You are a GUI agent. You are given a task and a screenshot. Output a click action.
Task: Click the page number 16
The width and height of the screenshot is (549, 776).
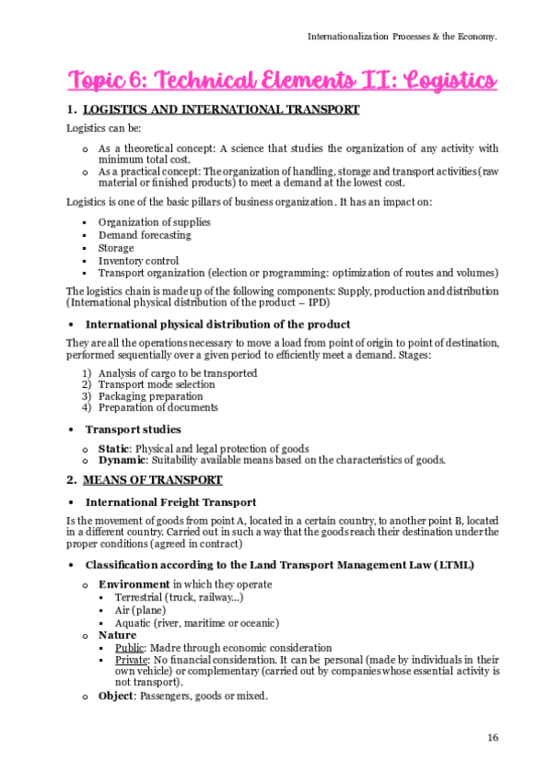pos(492,738)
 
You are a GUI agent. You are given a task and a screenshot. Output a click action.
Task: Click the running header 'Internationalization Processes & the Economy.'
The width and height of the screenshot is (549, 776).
pos(402,37)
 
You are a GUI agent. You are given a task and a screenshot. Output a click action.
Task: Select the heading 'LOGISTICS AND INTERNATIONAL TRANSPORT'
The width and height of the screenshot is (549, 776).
pos(221,111)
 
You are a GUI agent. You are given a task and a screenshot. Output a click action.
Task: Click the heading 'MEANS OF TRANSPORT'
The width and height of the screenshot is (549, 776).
pos(153,480)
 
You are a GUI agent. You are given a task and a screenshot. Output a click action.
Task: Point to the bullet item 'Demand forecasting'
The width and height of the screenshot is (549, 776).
pos(145,235)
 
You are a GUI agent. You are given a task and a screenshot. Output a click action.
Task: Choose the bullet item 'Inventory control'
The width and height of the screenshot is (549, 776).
pos(138,261)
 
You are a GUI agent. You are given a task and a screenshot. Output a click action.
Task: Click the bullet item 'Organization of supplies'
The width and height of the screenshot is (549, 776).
pos(154,222)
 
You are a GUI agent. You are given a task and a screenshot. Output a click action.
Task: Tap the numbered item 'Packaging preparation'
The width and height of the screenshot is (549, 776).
pos(150,396)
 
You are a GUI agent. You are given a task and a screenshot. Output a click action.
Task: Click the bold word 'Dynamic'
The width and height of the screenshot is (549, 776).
pos(121,460)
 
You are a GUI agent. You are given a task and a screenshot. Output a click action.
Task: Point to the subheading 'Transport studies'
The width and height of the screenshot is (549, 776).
pos(133,429)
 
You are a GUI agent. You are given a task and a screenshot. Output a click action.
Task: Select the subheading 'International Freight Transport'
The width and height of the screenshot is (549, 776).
pos(170,501)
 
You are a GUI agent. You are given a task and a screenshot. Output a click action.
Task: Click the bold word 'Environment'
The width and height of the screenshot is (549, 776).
pos(134,584)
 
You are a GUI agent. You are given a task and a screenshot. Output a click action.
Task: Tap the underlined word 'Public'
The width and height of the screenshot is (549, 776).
pos(131,647)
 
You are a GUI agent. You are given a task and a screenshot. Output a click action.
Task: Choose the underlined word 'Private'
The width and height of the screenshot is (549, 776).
pos(133,659)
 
